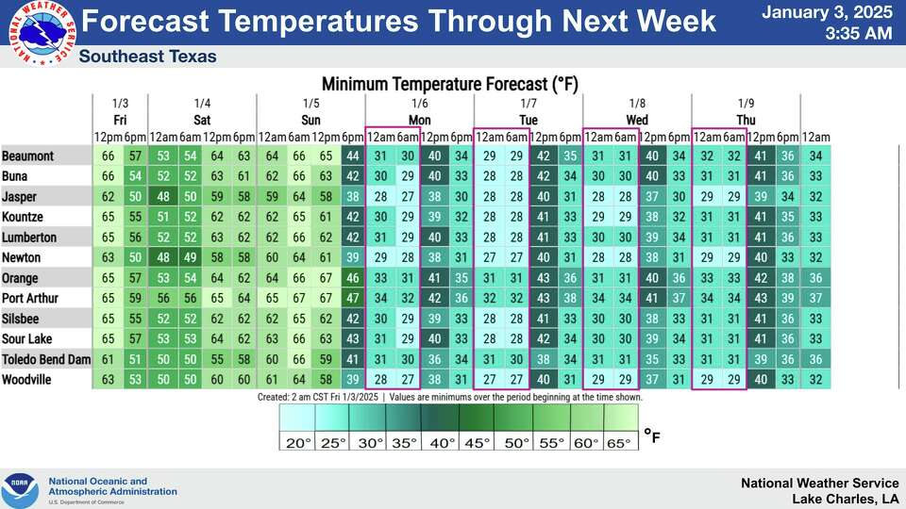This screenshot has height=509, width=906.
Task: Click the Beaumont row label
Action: coord(27,156)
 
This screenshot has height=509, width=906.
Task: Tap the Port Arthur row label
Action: coord(31,299)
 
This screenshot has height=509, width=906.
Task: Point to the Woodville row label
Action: coord(28,380)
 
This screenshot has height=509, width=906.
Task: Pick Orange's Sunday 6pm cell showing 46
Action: coord(352,278)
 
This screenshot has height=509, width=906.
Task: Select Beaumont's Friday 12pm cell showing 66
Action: coord(108,156)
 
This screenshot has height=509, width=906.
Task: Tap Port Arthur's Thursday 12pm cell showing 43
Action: coord(761,299)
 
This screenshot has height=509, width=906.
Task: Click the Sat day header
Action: coord(202,120)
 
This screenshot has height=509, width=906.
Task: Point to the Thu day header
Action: coord(746,120)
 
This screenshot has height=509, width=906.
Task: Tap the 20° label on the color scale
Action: coord(298,443)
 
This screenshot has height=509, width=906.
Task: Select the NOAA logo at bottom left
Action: coord(20,490)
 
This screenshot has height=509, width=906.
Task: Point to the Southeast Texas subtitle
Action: coord(148,57)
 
